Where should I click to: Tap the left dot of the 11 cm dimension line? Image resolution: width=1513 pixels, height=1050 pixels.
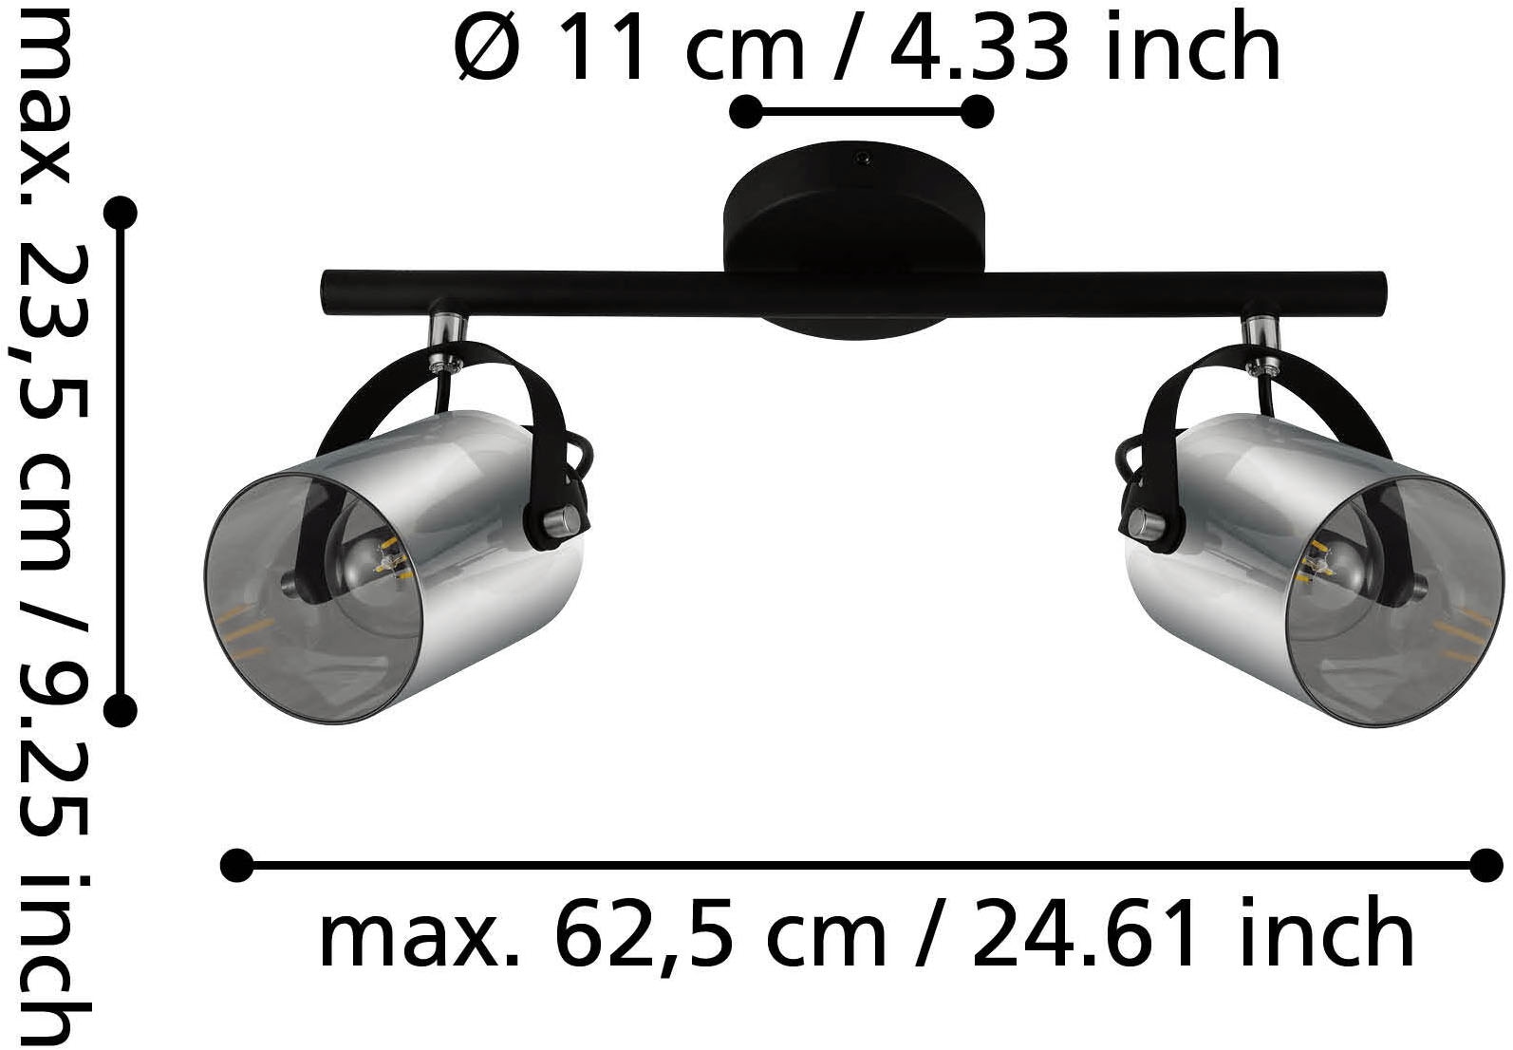click(x=745, y=112)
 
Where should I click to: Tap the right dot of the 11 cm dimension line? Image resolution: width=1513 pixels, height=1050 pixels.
click(x=977, y=112)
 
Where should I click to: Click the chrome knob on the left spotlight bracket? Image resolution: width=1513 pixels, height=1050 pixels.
click(x=561, y=520)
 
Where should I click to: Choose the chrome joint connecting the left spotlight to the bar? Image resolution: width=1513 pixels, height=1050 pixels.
click(x=444, y=332)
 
